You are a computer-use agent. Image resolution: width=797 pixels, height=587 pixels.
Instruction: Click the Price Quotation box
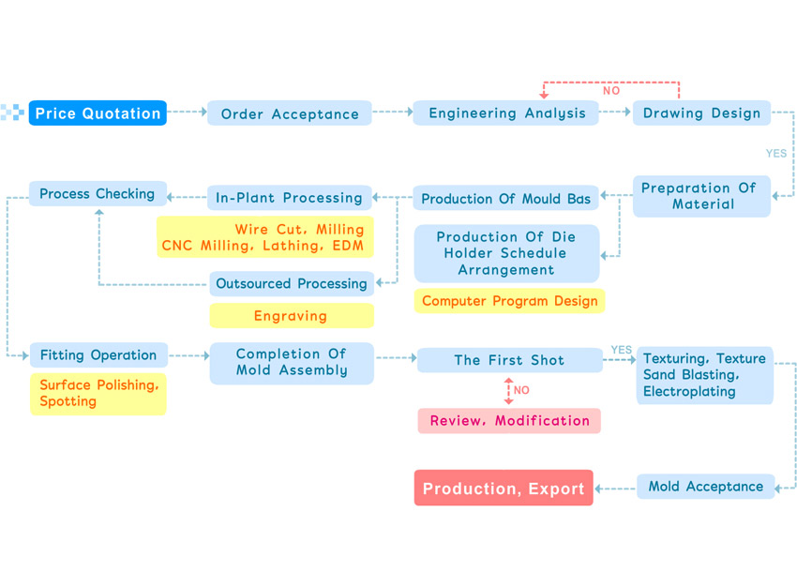[98, 113]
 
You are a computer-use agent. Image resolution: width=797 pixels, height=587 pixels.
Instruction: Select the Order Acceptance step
[289, 113]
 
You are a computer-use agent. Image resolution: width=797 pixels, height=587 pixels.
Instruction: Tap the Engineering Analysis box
[505, 113]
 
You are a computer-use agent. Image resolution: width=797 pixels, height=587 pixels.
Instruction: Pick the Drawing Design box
[701, 113]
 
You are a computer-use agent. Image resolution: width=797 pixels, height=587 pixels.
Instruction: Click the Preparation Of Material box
[701, 196]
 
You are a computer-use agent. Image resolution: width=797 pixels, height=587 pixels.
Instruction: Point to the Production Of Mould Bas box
[505, 198]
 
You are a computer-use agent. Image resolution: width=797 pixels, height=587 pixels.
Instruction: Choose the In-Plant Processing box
[289, 198]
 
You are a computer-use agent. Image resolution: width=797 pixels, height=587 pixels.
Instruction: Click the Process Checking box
[98, 193]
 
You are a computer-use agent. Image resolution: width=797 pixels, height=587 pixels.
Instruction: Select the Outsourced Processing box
[292, 283]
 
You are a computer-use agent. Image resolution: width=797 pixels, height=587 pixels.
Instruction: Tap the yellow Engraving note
[292, 316]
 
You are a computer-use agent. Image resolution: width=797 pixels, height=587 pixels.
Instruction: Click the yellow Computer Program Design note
[509, 301]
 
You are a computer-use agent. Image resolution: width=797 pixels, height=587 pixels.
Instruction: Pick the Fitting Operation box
[98, 354]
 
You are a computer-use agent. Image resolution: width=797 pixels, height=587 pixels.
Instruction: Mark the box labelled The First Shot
[510, 360]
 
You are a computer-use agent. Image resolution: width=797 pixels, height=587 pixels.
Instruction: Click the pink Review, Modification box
[509, 421]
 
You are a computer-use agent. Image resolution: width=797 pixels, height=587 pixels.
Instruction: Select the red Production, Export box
[504, 488]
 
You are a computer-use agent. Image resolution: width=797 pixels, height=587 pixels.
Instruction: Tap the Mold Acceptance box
[705, 487]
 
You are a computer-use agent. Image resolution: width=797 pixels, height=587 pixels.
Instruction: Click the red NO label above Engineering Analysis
[611, 90]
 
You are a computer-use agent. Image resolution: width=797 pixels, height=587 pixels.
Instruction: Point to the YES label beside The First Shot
[621, 350]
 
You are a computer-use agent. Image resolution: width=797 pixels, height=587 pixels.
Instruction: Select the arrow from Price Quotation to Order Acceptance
[187, 112]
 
